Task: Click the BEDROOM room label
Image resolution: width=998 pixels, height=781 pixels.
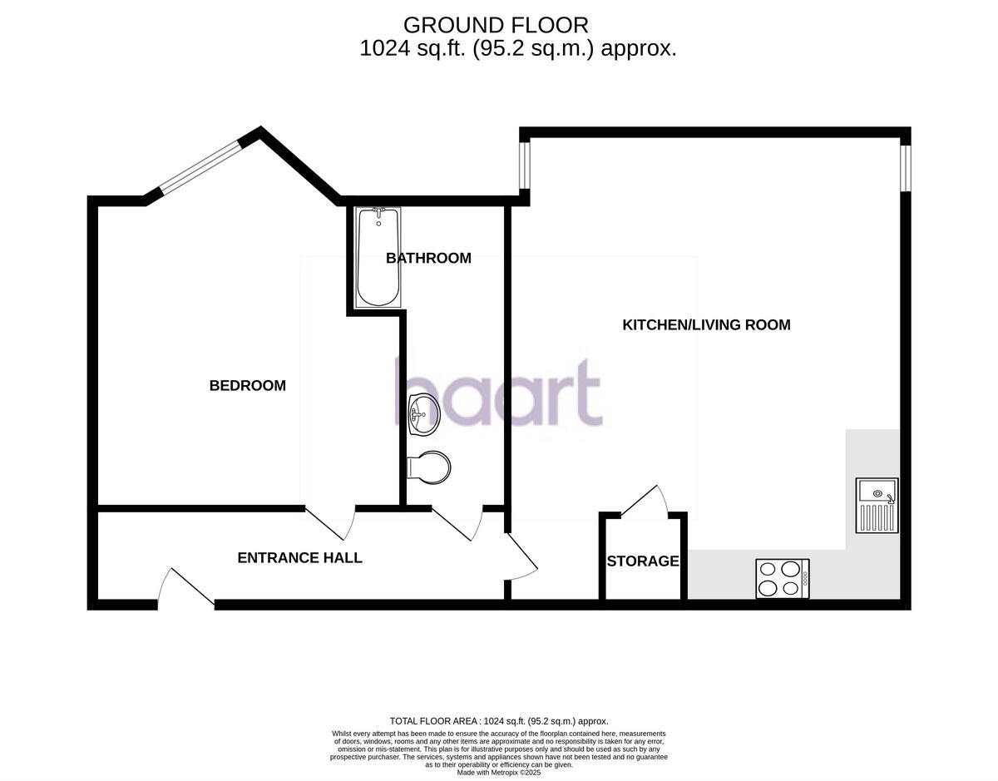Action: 247,386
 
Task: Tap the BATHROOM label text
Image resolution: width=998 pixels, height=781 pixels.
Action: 428,258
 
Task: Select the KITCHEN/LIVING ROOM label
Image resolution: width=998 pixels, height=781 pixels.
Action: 706,325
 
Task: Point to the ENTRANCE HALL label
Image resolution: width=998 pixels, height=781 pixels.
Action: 299,558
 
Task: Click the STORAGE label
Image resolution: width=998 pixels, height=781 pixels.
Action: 642,561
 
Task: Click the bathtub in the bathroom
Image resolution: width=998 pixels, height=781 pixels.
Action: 378,258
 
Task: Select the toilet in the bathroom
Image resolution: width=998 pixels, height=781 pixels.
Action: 429,467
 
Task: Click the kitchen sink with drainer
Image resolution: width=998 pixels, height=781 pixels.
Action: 877,505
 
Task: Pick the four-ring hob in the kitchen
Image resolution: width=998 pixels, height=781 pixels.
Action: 782,578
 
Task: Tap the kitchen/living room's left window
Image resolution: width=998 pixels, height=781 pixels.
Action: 525,165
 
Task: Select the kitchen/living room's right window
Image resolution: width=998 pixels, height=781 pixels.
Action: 907,169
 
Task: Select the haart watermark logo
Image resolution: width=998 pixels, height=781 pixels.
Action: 497,393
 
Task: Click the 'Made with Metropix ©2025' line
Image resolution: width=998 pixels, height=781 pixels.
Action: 499,773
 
